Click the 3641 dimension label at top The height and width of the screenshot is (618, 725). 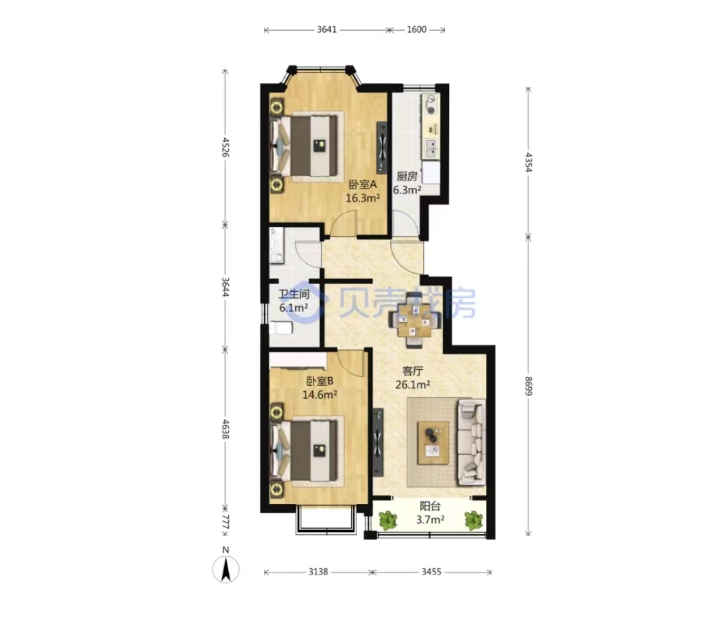click(x=327, y=30)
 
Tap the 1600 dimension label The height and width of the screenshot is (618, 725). click(x=417, y=30)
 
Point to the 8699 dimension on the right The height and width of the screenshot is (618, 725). click(x=528, y=387)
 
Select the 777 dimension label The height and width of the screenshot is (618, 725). click(x=225, y=523)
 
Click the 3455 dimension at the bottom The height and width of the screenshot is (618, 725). click(x=432, y=572)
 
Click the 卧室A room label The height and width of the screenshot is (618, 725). click(x=362, y=185)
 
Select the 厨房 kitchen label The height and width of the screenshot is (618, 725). click(x=407, y=176)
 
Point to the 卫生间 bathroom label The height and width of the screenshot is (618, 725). click(x=293, y=294)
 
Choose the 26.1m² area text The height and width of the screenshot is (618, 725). click(x=413, y=384)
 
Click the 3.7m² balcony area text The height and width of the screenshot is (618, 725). click(x=430, y=519)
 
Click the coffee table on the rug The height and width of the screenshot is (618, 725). click(x=433, y=443)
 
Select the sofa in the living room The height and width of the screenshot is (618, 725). click(x=471, y=442)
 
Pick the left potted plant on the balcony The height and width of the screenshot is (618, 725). click(x=387, y=520)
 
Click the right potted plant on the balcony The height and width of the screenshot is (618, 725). click(x=473, y=520)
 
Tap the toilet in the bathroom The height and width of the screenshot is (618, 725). click(x=280, y=328)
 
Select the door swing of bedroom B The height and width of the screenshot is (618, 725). click(x=350, y=363)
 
